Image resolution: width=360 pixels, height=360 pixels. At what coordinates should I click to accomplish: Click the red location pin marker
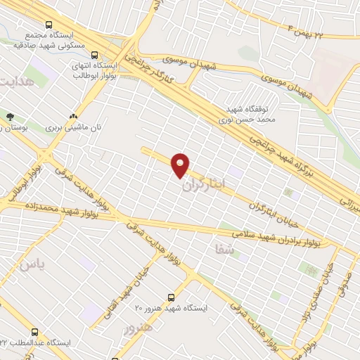[x=181, y=165]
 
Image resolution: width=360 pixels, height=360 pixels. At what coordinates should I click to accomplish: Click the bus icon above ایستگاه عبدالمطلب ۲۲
[x=35, y=331]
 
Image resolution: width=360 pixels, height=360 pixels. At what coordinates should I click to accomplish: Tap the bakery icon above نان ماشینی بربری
[x=73, y=117]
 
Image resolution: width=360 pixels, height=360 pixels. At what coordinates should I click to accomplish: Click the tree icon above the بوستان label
[x=9, y=117]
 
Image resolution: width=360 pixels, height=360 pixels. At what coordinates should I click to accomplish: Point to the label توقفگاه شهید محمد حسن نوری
[x=247, y=115]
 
